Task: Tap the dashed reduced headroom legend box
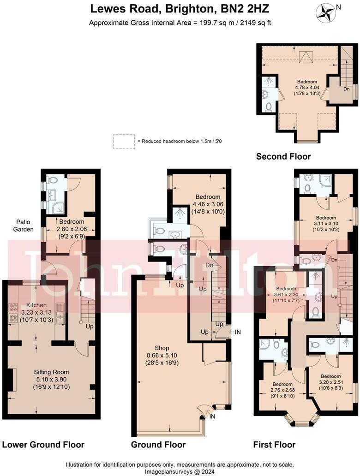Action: [x=123, y=141]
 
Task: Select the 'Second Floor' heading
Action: [x=283, y=157]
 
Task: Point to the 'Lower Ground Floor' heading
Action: [x=43, y=445]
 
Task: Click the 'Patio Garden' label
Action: [x=22, y=226]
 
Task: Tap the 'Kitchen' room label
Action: [x=36, y=305]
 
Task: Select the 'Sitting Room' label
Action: [x=51, y=372]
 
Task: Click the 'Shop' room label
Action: [x=162, y=348]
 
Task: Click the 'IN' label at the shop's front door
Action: [x=212, y=416]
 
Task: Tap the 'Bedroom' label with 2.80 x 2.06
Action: [x=71, y=222]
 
